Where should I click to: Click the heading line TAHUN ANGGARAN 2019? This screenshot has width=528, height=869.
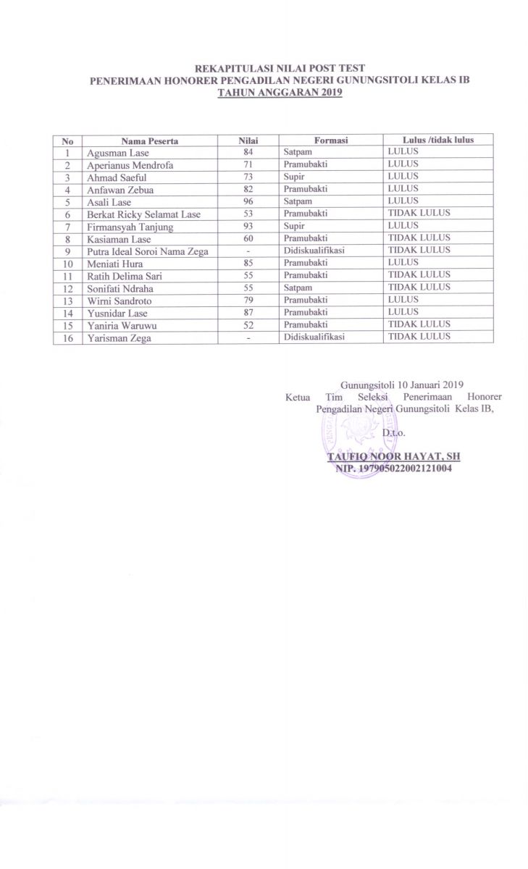[280, 92]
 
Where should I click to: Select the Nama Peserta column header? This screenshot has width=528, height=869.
[149, 140]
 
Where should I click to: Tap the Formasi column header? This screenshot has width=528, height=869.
[331, 140]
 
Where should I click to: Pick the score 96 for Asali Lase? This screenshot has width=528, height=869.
[248, 201]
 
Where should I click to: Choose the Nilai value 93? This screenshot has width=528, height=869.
[248, 226]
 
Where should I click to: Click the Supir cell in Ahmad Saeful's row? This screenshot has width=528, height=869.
[294, 177]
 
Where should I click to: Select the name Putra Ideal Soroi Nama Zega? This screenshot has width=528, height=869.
[147, 251]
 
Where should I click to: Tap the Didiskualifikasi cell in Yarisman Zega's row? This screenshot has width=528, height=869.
[313, 337]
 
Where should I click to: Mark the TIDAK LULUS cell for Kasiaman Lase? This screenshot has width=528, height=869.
[419, 238]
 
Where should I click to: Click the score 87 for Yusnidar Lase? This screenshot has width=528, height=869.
[248, 312]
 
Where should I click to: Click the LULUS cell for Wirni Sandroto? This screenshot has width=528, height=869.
[403, 300]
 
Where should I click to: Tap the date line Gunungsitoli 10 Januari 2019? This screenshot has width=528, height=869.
[401, 384]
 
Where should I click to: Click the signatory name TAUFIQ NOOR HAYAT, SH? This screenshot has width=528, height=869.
[393, 458]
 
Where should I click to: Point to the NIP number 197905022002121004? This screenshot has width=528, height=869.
[393, 469]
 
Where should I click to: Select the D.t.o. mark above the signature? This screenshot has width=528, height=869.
[393, 432]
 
